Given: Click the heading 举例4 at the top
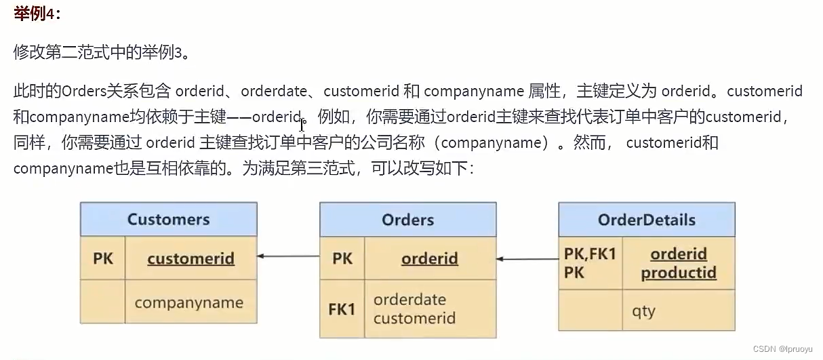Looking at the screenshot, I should [x=37, y=14].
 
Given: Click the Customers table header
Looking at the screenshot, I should [x=168, y=220].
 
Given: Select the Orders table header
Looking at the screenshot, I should [x=407, y=220].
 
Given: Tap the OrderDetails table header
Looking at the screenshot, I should [x=646, y=220].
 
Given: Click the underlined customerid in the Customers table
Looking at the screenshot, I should [x=190, y=258].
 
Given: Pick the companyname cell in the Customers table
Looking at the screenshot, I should [x=188, y=302].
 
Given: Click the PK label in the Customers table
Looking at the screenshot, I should [x=103, y=258].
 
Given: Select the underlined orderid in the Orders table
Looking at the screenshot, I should [x=429, y=258].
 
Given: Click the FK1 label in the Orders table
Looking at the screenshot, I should [x=342, y=309].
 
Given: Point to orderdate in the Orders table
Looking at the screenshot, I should [x=409, y=300].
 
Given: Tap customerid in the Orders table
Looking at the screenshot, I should [x=414, y=318].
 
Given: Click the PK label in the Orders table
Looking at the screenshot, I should [x=342, y=258].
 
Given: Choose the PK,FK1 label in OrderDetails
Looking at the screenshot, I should [x=590, y=254].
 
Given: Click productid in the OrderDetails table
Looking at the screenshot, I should [x=679, y=273].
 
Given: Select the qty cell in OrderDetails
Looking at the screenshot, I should [x=643, y=311].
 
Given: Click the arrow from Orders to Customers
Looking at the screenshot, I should [x=288, y=256].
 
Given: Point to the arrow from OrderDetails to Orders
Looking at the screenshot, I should [x=527, y=258].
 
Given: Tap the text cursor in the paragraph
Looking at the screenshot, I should [x=302, y=125].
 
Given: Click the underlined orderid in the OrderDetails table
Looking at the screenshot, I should [x=679, y=254].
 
